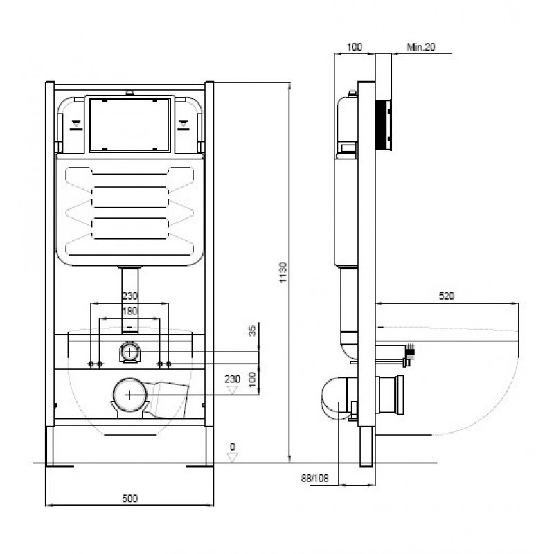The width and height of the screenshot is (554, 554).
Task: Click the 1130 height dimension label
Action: click(283, 272)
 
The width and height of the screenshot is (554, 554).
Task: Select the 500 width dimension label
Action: click(129, 499)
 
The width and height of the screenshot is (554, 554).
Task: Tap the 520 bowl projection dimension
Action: click(446, 296)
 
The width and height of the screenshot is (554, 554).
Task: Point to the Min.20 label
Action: click(421, 46)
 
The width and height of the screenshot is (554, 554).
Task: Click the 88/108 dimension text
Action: click(315, 478)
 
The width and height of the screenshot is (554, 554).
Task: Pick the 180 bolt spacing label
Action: click(129, 311)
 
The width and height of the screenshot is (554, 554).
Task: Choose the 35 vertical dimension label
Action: click(252, 331)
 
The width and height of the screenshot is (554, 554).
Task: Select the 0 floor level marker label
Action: click(232, 447)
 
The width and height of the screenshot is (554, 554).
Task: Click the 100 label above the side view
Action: click(355, 46)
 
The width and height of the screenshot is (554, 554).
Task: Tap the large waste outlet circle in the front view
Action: click(129, 395)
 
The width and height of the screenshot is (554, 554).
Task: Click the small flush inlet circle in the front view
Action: click(129, 352)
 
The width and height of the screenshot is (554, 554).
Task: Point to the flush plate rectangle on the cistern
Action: click(129, 125)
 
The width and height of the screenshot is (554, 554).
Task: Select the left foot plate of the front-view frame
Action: click(60, 466)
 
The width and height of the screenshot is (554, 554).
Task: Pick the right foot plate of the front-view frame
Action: click(200, 466)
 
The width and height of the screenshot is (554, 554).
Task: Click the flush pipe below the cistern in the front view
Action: click(129, 301)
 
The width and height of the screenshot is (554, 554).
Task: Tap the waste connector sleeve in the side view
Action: click(389, 395)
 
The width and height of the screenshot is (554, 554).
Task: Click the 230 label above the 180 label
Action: click(129, 296)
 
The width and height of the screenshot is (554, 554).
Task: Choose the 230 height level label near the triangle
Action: click(232, 379)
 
